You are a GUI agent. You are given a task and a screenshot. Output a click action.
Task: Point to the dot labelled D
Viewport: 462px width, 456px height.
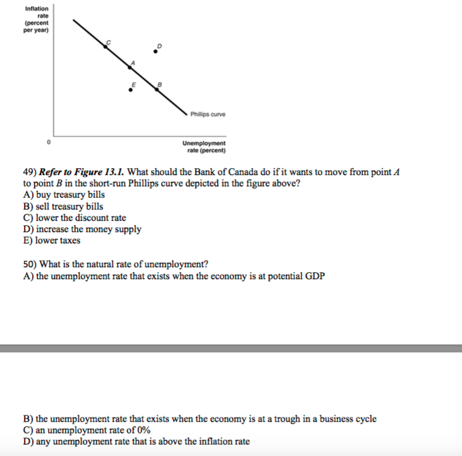(156, 52)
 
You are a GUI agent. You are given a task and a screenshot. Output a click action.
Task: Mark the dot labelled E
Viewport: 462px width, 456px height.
(130, 90)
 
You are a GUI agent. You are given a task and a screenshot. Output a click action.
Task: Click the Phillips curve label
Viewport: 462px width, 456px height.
(209, 114)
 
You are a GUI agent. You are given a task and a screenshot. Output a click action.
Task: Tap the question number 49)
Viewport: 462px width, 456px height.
(29, 172)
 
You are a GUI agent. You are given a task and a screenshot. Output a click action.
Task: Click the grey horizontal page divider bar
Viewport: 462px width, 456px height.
(231, 348)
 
